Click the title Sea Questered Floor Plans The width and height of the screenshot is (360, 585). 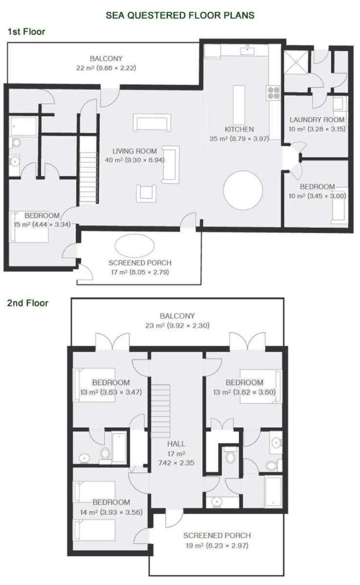(x=180, y=15)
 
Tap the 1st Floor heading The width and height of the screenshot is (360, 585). (x=26, y=32)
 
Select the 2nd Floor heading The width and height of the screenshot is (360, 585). (x=28, y=303)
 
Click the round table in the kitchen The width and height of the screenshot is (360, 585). (x=243, y=190)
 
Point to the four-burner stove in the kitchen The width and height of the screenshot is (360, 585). (x=274, y=93)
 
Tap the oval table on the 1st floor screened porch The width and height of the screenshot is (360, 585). (x=135, y=246)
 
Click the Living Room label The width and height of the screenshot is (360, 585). (x=135, y=151)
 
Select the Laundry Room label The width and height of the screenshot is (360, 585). (x=317, y=120)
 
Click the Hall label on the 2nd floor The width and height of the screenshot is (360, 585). (x=176, y=444)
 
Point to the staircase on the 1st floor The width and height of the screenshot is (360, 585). (x=89, y=169)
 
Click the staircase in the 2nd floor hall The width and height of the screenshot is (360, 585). (x=160, y=411)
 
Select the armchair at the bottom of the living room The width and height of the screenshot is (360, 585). (x=146, y=193)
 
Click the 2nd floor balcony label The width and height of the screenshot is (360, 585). (x=177, y=316)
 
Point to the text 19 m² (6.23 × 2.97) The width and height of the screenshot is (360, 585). (x=217, y=545)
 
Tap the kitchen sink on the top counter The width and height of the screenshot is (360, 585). (x=247, y=50)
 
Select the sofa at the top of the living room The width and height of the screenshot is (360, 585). (x=152, y=122)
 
